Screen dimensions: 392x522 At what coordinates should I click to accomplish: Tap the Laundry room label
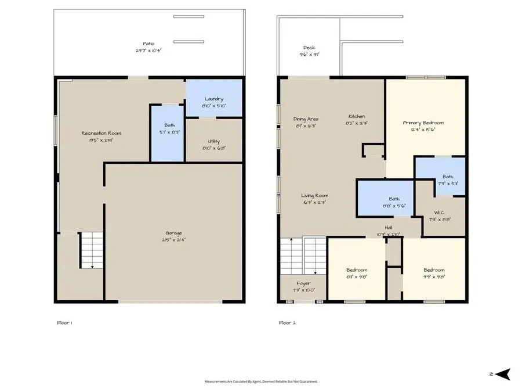click(x=213, y=99)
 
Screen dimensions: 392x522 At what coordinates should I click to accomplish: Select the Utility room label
click(x=213, y=141)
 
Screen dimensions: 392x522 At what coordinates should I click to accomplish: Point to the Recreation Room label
click(x=101, y=133)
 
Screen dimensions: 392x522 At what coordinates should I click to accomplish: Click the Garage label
click(x=173, y=233)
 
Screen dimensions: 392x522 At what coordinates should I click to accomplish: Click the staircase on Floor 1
click(x=91, y=250)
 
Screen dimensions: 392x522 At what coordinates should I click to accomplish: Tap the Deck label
click(x=309, y=48)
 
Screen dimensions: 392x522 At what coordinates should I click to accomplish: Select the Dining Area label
click(x=306, y=119)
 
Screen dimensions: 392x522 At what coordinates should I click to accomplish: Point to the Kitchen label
click(x=356, y=116)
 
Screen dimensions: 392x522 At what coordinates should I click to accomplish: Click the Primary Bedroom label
click(x=423, y=123)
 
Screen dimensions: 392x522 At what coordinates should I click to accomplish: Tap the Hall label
click(x=389, y=228)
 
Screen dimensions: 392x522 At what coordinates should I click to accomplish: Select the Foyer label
click(x=304, y=283)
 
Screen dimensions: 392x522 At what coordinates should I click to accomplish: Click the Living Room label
click(x=314, y=196)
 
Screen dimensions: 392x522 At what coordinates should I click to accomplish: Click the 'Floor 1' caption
click(x=64, y=322)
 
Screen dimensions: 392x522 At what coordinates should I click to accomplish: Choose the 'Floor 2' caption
click(x=287, y=322)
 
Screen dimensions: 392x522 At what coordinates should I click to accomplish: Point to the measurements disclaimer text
click(x=261, y=382)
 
